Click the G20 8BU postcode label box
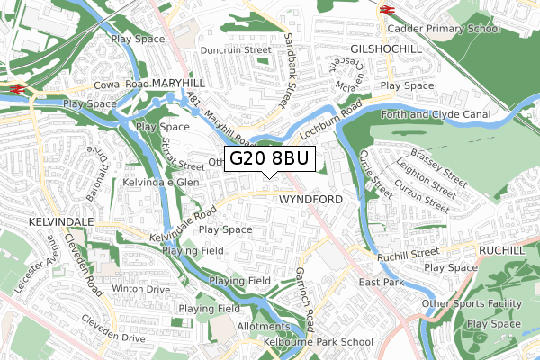(x=270, y=159)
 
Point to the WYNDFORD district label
(x=310, y=198)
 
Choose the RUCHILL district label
(x=507, y=249)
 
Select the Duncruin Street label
(x=236, y=50)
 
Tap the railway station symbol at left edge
(x=17, y=88)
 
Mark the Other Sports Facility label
(x=480, y=303)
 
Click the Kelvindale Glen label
(x=161, y=182)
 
